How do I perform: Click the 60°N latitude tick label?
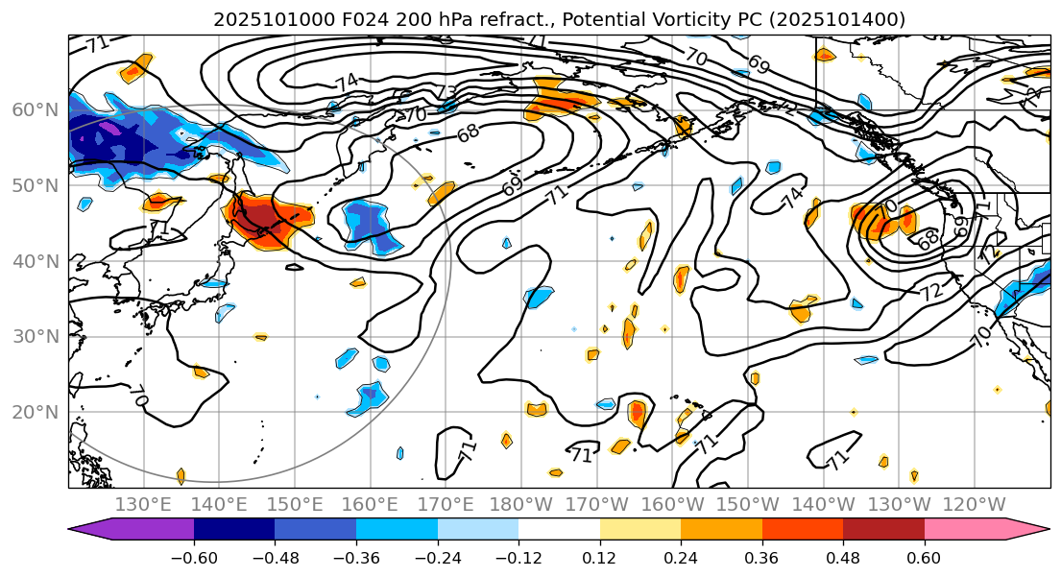click(35, 109)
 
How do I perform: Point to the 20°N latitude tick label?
click(35, 413)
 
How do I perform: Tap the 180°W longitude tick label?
click(521, 504)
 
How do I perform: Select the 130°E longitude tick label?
click(143, 504)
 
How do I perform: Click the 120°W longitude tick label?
click(975, 504)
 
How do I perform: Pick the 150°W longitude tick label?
click(748, 504)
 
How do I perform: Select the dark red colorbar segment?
click(883, 529)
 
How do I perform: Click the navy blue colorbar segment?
click(234, 529)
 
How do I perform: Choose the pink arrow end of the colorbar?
click(1027, 529)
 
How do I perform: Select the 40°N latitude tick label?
click(35, 261)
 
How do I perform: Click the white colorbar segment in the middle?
click(559, 529)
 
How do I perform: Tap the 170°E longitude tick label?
click(446, 504)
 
